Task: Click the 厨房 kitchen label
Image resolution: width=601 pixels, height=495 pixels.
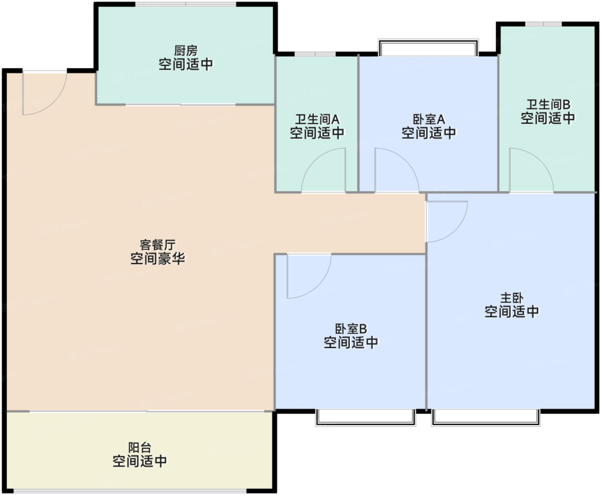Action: click(x=185, y=51)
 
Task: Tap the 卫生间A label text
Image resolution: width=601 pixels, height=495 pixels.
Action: click(x=317, y=119)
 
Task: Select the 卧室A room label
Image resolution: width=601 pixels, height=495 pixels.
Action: click(x=429, y=119)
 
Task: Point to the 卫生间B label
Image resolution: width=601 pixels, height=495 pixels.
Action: click(x=548, y=104)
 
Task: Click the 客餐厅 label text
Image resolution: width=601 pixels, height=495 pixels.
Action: click(x=158, y=245)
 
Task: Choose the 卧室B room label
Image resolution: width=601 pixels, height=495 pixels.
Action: click(x=351, y=329)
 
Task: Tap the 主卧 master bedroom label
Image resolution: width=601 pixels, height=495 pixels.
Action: click(x=511, y=298)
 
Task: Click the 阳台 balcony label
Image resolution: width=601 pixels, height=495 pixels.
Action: click(x=140, y=448)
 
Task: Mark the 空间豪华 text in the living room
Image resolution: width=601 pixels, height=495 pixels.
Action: click(x=158, y=258)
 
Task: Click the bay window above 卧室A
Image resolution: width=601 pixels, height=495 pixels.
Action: click(x=428, y=47)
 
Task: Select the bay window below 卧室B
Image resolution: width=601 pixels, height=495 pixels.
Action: click(x=366, y=418)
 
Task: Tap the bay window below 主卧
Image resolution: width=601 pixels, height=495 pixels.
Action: click(x=486, y=418)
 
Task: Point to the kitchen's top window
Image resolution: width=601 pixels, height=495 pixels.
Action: click(x=185, y=4)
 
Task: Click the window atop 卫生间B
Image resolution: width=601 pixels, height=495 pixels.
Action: click(x=543, y=24)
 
